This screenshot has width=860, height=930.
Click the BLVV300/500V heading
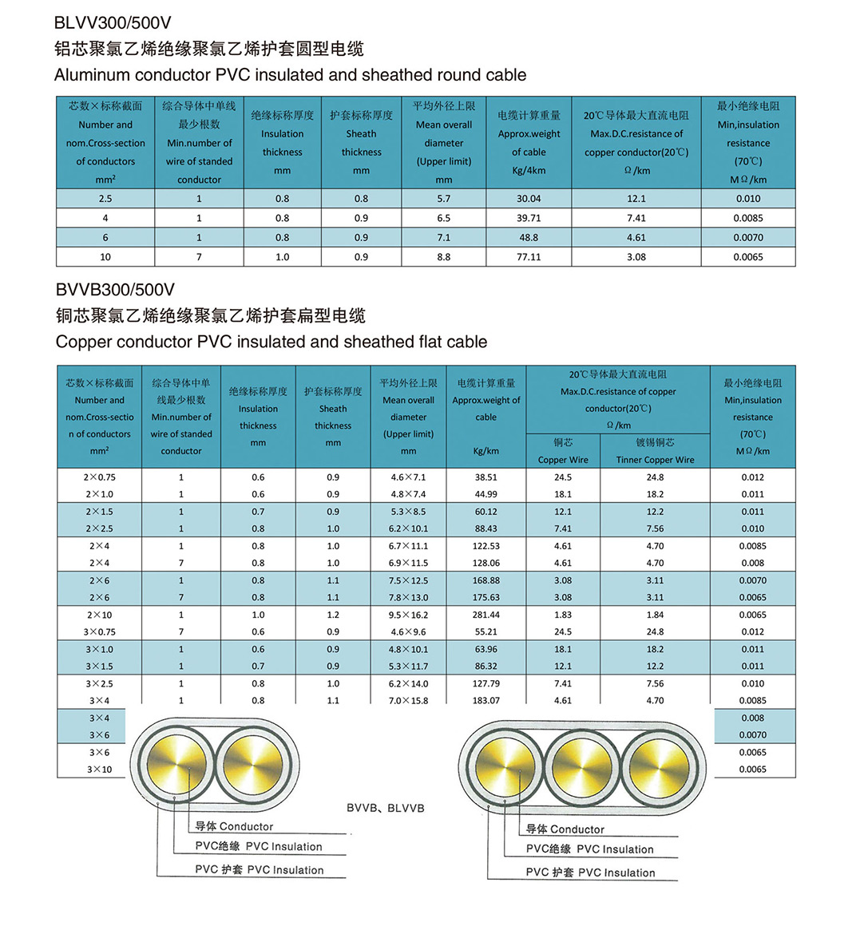(113, 22)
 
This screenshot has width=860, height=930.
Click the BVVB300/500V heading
(115, 289)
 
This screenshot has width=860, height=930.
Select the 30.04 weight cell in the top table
(529, 199)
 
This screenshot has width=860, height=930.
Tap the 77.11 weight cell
(529, 257)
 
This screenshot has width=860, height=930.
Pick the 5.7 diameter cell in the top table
(443, 199)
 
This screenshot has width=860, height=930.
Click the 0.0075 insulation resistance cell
(748, 237)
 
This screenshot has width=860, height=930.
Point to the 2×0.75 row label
(101, 477)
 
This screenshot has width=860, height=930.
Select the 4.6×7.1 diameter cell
(408, 477)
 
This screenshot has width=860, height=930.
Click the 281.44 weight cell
(485, 615)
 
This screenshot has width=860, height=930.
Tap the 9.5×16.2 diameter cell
(408, 615)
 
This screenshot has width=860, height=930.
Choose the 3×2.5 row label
(100, 683)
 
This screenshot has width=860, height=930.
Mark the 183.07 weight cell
(485, 701)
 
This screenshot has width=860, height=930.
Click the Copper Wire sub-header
(563, 460)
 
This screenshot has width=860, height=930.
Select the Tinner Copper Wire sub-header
(655, 460)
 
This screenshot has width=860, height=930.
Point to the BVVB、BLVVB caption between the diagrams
(385, 808)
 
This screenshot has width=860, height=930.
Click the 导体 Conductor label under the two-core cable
(234, 827)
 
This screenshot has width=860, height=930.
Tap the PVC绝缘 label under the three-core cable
(589, 849)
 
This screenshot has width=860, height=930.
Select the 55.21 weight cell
(485, 631)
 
